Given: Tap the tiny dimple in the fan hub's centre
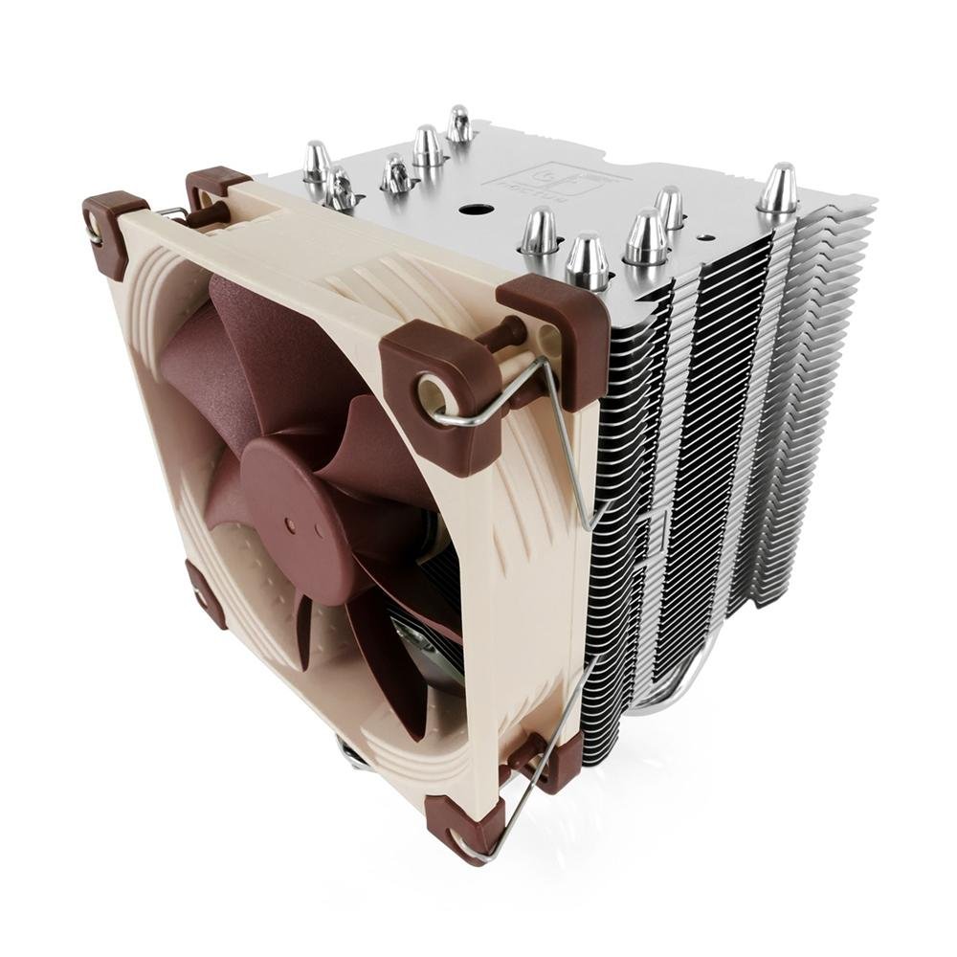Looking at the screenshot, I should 289,525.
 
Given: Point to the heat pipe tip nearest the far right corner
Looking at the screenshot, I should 777,190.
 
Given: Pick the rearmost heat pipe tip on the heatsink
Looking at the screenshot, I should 459,125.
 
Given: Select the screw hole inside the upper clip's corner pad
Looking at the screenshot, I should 432,392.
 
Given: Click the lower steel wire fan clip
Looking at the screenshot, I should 545,756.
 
